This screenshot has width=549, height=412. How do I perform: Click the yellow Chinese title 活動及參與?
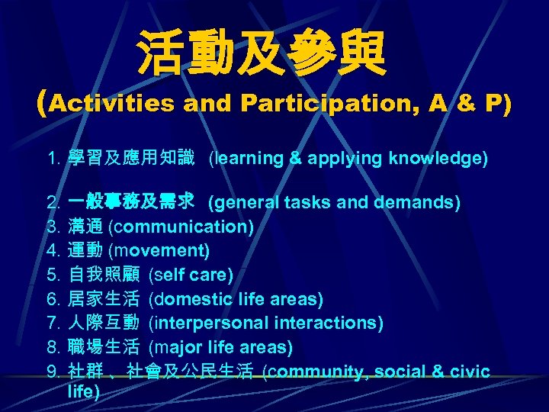[262, 54]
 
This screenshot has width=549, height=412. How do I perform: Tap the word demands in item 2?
[425, 203]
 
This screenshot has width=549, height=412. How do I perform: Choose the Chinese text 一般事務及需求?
[131, 203]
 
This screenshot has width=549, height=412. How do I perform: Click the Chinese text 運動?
[86, 250]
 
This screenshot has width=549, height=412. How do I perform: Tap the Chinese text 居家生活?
[104, 298]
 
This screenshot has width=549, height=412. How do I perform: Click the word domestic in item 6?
[191, 298]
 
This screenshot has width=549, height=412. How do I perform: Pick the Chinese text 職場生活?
[104, 347]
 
